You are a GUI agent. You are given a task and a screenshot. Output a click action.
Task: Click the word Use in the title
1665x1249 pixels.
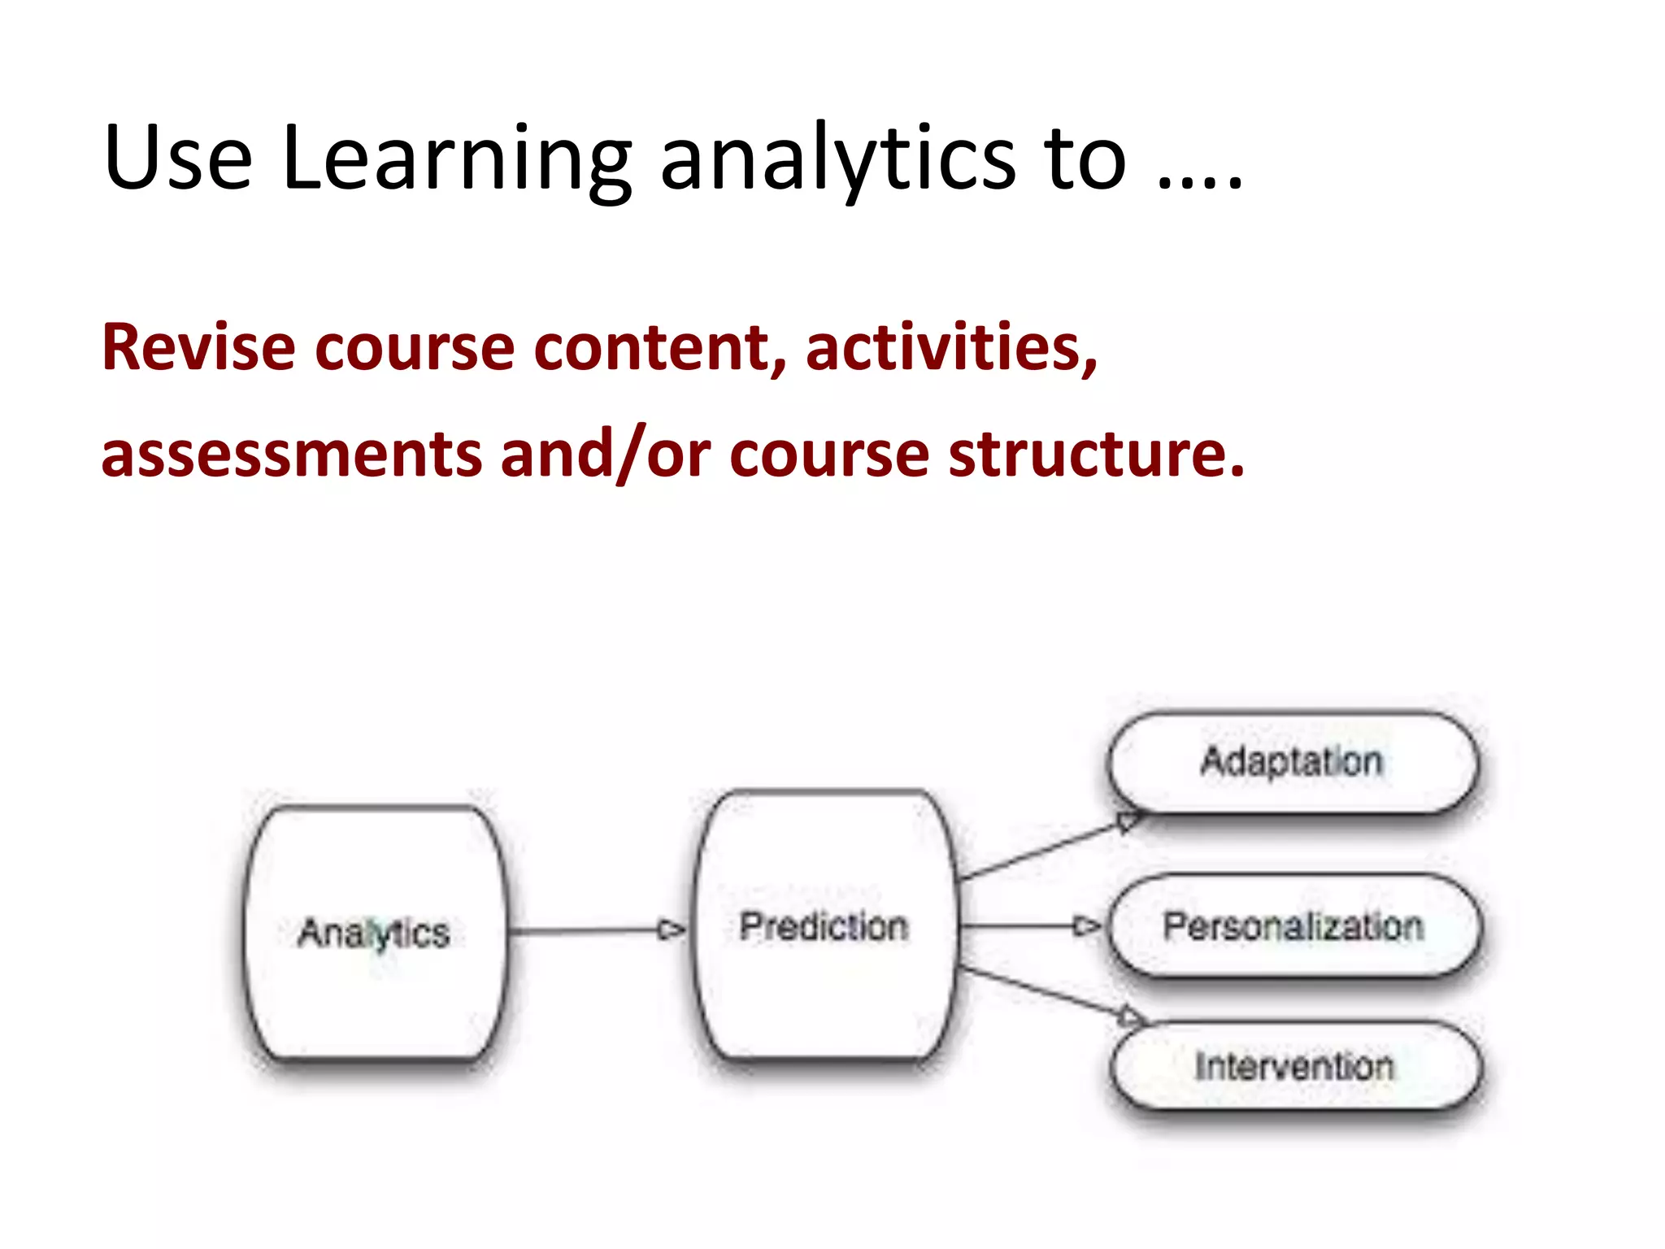tap(178, 159)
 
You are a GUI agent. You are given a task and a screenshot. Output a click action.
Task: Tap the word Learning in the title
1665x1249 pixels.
tap(455, 159)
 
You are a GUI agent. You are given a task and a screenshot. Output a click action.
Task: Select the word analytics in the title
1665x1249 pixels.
tap(837, 159)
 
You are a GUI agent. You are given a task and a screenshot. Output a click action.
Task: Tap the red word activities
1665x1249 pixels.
tap(950, 348)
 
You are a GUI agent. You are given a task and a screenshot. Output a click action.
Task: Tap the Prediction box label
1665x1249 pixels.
tap(824, 927)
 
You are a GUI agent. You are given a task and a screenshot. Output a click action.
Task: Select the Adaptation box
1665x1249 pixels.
tap(1293, 762)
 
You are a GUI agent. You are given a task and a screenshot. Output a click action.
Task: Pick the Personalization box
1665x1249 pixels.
tap(1293, 926)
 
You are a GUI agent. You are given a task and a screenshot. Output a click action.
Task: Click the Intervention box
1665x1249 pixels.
tap(1294, 1066)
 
